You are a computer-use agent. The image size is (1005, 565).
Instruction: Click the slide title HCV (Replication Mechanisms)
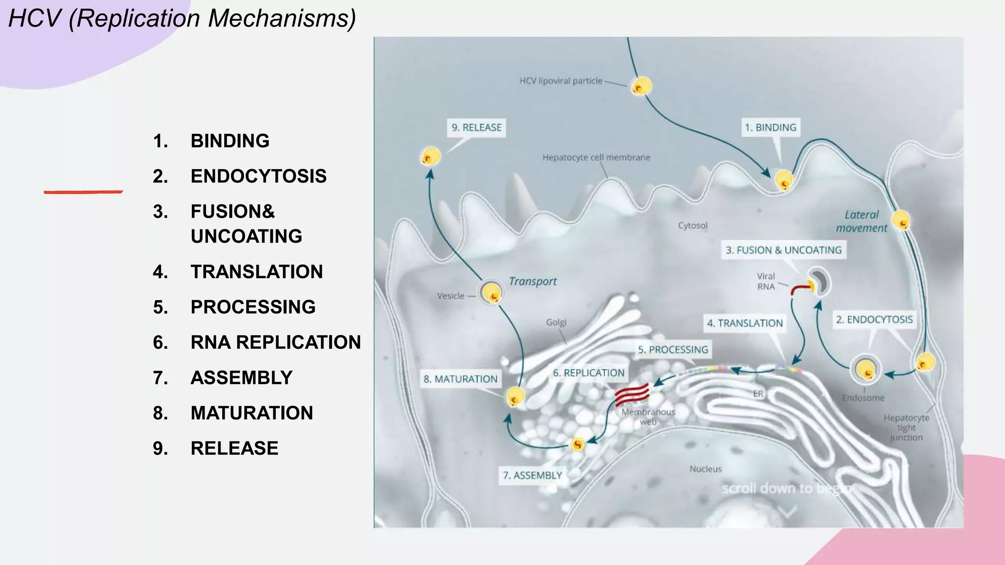click(x=182, y=19)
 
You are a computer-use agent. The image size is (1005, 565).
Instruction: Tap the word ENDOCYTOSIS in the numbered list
click(x=259, y=176)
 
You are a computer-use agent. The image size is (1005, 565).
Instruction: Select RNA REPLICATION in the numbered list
click(x=276, y=342)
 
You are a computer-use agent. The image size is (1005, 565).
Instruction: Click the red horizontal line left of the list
click(x=83, y=192)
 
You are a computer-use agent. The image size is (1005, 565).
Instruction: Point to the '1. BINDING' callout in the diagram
click(x=770, y=128)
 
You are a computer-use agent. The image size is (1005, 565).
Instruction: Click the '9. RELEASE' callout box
click(x=476, y=128)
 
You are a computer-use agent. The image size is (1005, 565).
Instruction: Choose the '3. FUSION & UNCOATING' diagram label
click(x=784, y=250)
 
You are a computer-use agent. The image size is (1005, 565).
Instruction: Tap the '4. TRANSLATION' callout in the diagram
click(x=745, y=323)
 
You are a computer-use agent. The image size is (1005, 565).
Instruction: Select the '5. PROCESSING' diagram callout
click(x=673, y=350)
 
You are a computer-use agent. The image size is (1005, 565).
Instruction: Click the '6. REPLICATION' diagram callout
click(x=589, y=373)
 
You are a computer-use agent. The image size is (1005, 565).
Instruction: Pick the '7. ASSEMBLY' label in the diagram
click(x=532, y=475)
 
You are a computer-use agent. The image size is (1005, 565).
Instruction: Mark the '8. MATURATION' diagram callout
click(x=460, y=379)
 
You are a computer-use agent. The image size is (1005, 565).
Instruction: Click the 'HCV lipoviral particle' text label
click(x=561, y=81)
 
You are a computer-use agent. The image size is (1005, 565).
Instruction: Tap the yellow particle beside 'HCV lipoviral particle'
click(x=641, y=86)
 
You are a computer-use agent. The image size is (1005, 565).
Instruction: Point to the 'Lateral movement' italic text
click(x=862, y=221)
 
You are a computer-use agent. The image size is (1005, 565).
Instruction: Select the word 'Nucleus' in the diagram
click(x=706, y=469)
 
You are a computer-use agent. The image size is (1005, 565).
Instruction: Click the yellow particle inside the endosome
click(x=866, y=370)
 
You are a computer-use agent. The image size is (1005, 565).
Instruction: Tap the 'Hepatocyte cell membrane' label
click(x=596, y=157)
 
